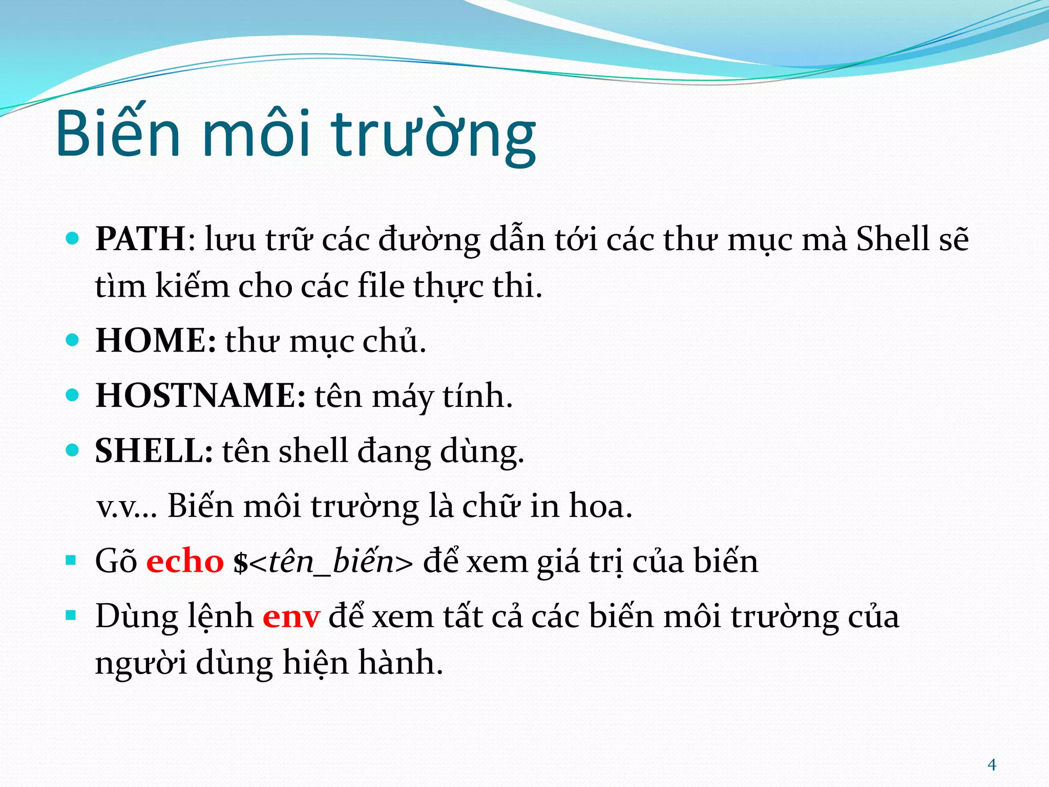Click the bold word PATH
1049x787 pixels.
coord(140,239)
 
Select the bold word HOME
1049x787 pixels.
coord(152,341)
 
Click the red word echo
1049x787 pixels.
coord(185,561)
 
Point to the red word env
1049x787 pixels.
coord(291,616)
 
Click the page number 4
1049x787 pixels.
coord(992,765)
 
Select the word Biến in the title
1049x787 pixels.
coord(118,134)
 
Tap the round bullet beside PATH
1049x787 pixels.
coord(73,238)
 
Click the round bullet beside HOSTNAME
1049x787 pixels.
coord(73,395)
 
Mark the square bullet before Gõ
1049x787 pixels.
coord(71,560)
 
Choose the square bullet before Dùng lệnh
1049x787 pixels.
coord(71,615)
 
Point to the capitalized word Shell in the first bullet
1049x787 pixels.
coord(892,239)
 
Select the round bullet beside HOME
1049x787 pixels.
coord(73,340)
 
